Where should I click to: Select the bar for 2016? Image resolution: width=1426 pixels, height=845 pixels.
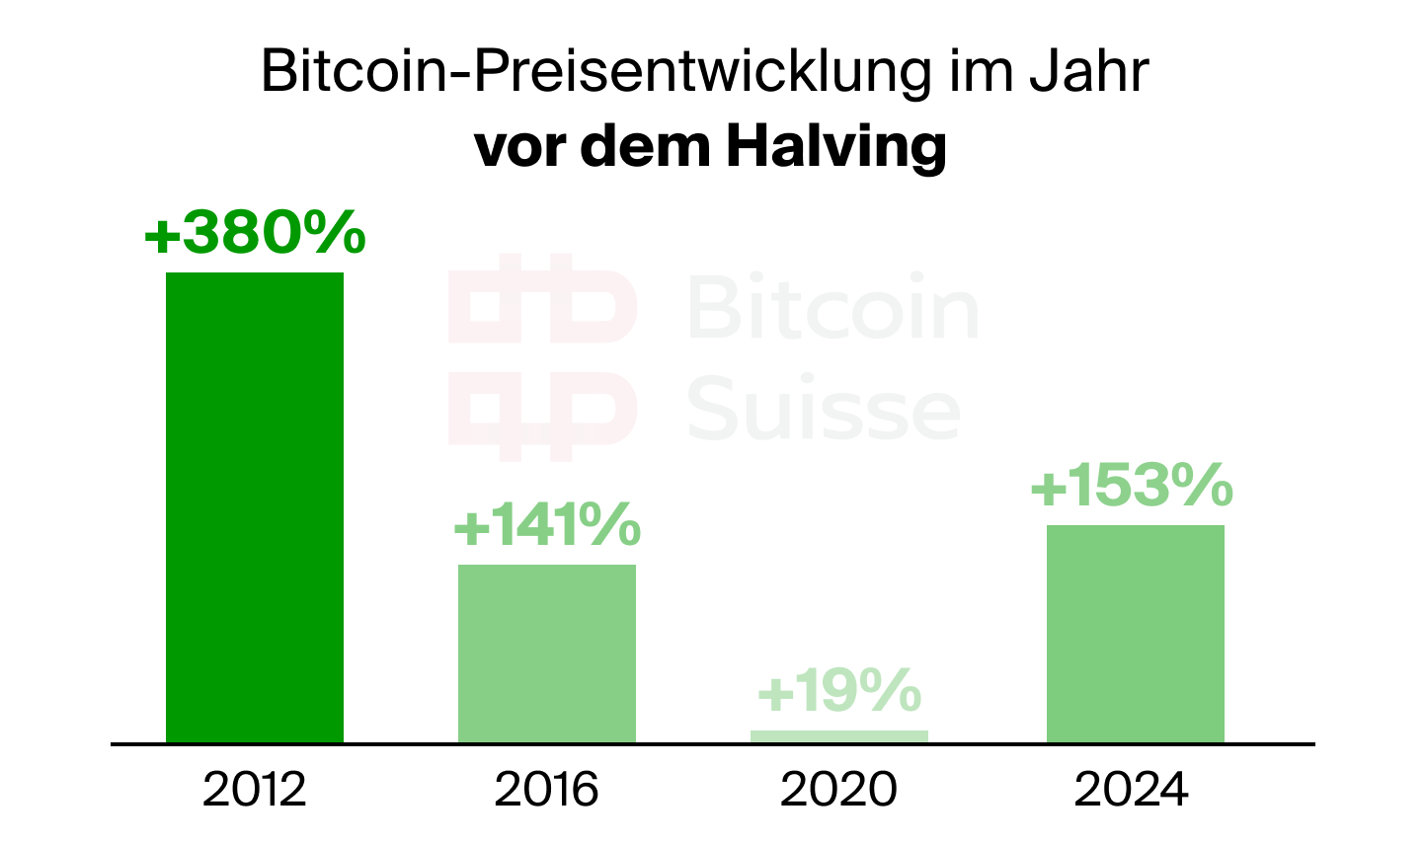(x=546, y=653)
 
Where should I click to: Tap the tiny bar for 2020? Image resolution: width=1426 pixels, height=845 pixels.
(x=838, y=736)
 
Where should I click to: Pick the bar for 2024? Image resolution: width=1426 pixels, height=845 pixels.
(x=1135, y=633)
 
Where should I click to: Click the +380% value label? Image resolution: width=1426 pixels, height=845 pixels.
(x=255, y=235)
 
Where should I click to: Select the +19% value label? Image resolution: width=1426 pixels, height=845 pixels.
(x=839, y=691)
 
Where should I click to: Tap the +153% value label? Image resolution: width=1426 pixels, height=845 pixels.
(x=1132, y=485)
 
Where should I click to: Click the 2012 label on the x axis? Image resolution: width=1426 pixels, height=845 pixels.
(x=254, y=790)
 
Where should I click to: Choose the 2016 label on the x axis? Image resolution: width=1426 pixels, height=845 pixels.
(x=546, y=790)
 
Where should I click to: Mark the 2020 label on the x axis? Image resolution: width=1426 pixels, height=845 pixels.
(x=838, y=790)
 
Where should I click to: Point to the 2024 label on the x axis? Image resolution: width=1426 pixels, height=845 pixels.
(x=1132, y=790)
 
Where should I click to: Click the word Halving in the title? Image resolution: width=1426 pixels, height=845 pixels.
(x=835, y=146)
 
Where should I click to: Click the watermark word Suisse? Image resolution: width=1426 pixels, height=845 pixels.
(x=823, y=409)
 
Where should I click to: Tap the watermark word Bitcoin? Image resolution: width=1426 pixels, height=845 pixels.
(x=832, y=308)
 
